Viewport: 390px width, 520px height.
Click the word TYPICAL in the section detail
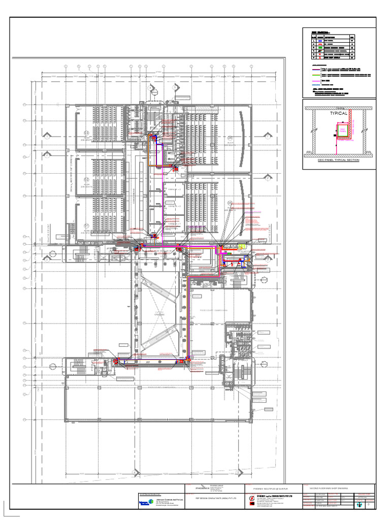point(338,114)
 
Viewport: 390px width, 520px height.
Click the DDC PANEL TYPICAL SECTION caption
point(338,160)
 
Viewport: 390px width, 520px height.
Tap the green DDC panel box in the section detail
point(342,131)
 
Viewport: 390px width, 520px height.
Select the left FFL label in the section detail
point(308,152)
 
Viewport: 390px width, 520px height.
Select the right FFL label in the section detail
point(369,152)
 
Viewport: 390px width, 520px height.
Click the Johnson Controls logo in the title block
point(145,502)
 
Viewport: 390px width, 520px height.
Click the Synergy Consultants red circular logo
point(252,500)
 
